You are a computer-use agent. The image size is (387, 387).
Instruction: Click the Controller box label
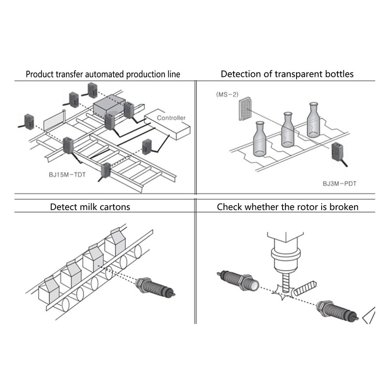tap(171, 118)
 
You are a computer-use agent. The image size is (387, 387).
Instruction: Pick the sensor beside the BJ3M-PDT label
tap(338, 154)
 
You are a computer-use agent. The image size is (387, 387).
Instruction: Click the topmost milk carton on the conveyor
tap(115, 242)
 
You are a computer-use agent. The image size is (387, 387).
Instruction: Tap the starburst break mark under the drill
tap(281, 292)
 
